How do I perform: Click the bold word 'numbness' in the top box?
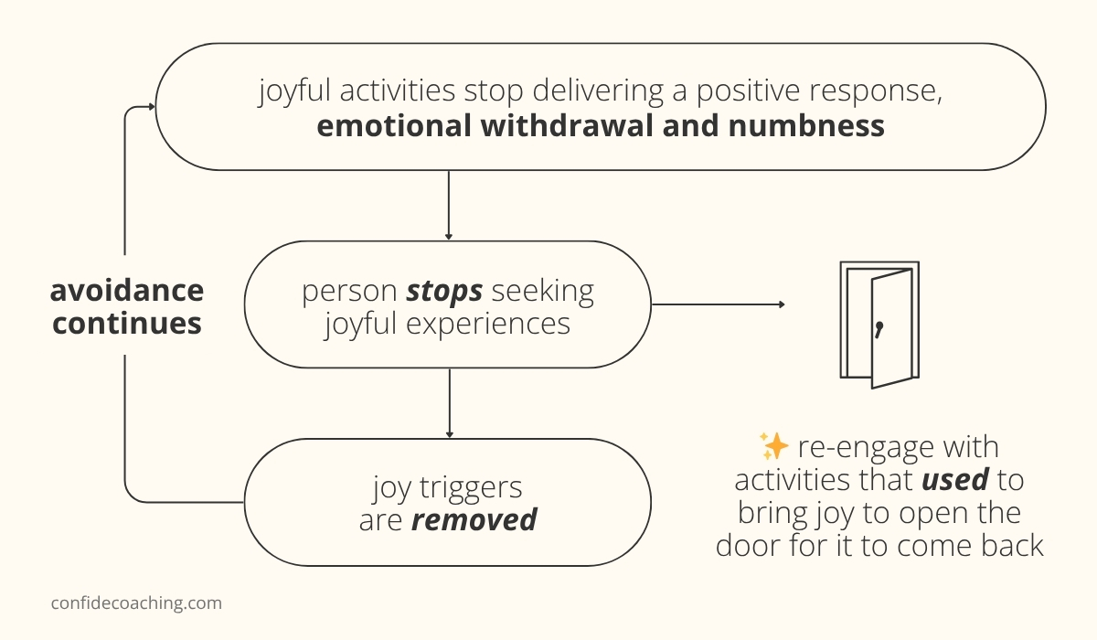806,125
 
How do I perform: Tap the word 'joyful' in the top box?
294,91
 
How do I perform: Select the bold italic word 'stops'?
444,292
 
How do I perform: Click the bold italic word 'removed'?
474,520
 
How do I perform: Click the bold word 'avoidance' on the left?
127,291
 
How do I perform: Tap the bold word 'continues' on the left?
127,324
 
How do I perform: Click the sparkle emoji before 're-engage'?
773,447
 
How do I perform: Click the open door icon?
879,325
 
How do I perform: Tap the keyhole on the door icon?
879,329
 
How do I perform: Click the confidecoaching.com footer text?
136,603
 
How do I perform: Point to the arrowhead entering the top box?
151,107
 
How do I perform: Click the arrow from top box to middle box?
449,206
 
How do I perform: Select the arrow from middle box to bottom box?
449,403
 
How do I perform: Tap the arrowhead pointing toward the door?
781,304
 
